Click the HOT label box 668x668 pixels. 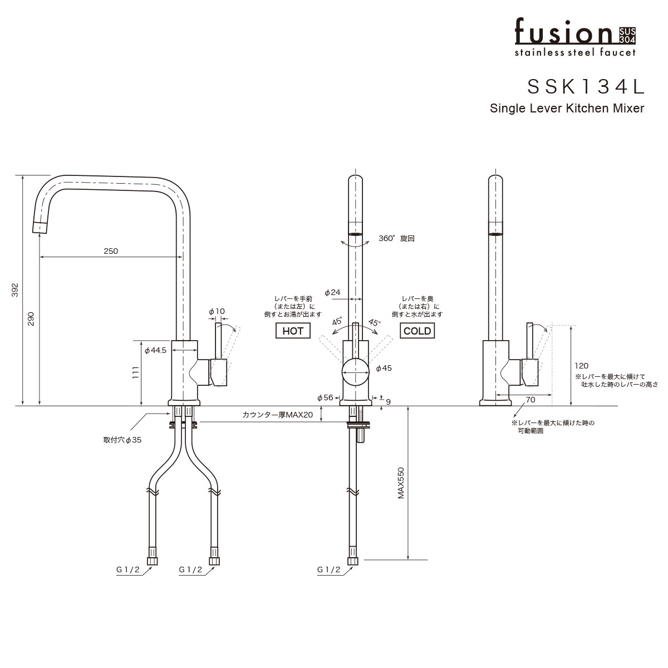[293, 331]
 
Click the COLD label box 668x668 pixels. [417, 331]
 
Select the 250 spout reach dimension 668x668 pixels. [111, 251]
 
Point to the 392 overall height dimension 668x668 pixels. [15, 291]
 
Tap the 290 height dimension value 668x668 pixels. [32, 318]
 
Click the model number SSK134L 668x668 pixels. [586, 86]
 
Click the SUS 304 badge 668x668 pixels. [627, 35]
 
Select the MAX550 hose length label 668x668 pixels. [400, 482]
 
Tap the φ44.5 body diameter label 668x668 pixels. [155, 351]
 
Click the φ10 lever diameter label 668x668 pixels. [217, 311]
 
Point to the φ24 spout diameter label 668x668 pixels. [332, 292]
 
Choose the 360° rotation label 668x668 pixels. [396, 238]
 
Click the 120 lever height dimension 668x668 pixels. [581, 366]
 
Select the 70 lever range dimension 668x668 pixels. [530, 400]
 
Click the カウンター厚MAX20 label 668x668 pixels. [278, 415]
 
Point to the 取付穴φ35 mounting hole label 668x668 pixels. [122, 440]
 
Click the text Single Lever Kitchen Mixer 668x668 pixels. [567, 109]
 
